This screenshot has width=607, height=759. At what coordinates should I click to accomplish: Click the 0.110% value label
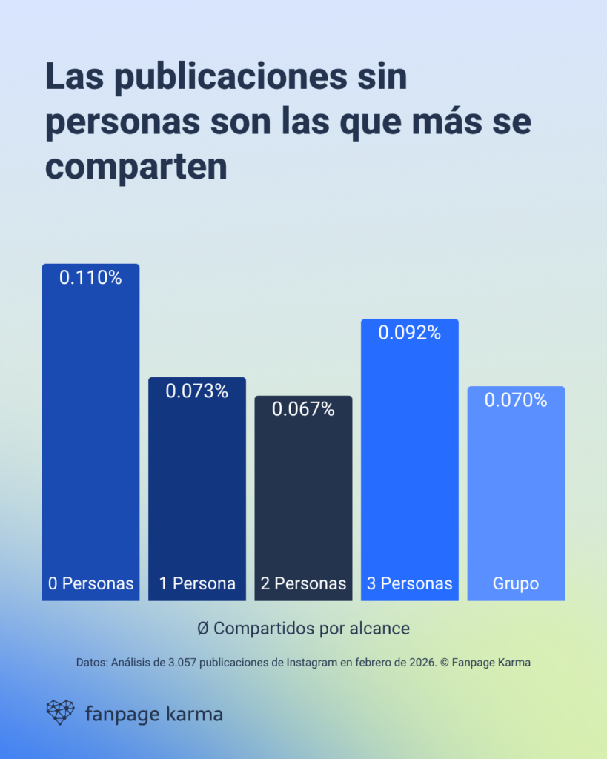pos(90,278)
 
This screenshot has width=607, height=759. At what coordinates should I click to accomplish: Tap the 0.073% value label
pos(196,391)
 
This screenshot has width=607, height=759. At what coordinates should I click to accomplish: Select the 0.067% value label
pos(303,409)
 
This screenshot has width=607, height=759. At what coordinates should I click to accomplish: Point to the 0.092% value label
pos(410,333)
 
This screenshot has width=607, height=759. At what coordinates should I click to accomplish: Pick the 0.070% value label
pos(516,400)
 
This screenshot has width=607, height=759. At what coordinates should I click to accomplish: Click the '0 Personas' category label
pos(90,583)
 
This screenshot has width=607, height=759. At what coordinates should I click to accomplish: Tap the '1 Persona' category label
pos(197,583)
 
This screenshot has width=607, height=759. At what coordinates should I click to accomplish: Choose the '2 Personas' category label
pos(303,583)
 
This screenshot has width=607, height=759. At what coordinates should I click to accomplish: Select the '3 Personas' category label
pos(410,583)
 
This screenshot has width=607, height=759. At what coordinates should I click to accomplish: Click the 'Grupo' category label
pos(516,583)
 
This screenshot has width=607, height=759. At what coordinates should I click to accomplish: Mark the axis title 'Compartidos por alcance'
pos(311,628)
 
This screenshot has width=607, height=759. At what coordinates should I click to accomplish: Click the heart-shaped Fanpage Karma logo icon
pos(60,712)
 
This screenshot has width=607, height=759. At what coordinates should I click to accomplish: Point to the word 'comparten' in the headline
pos(136,168)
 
